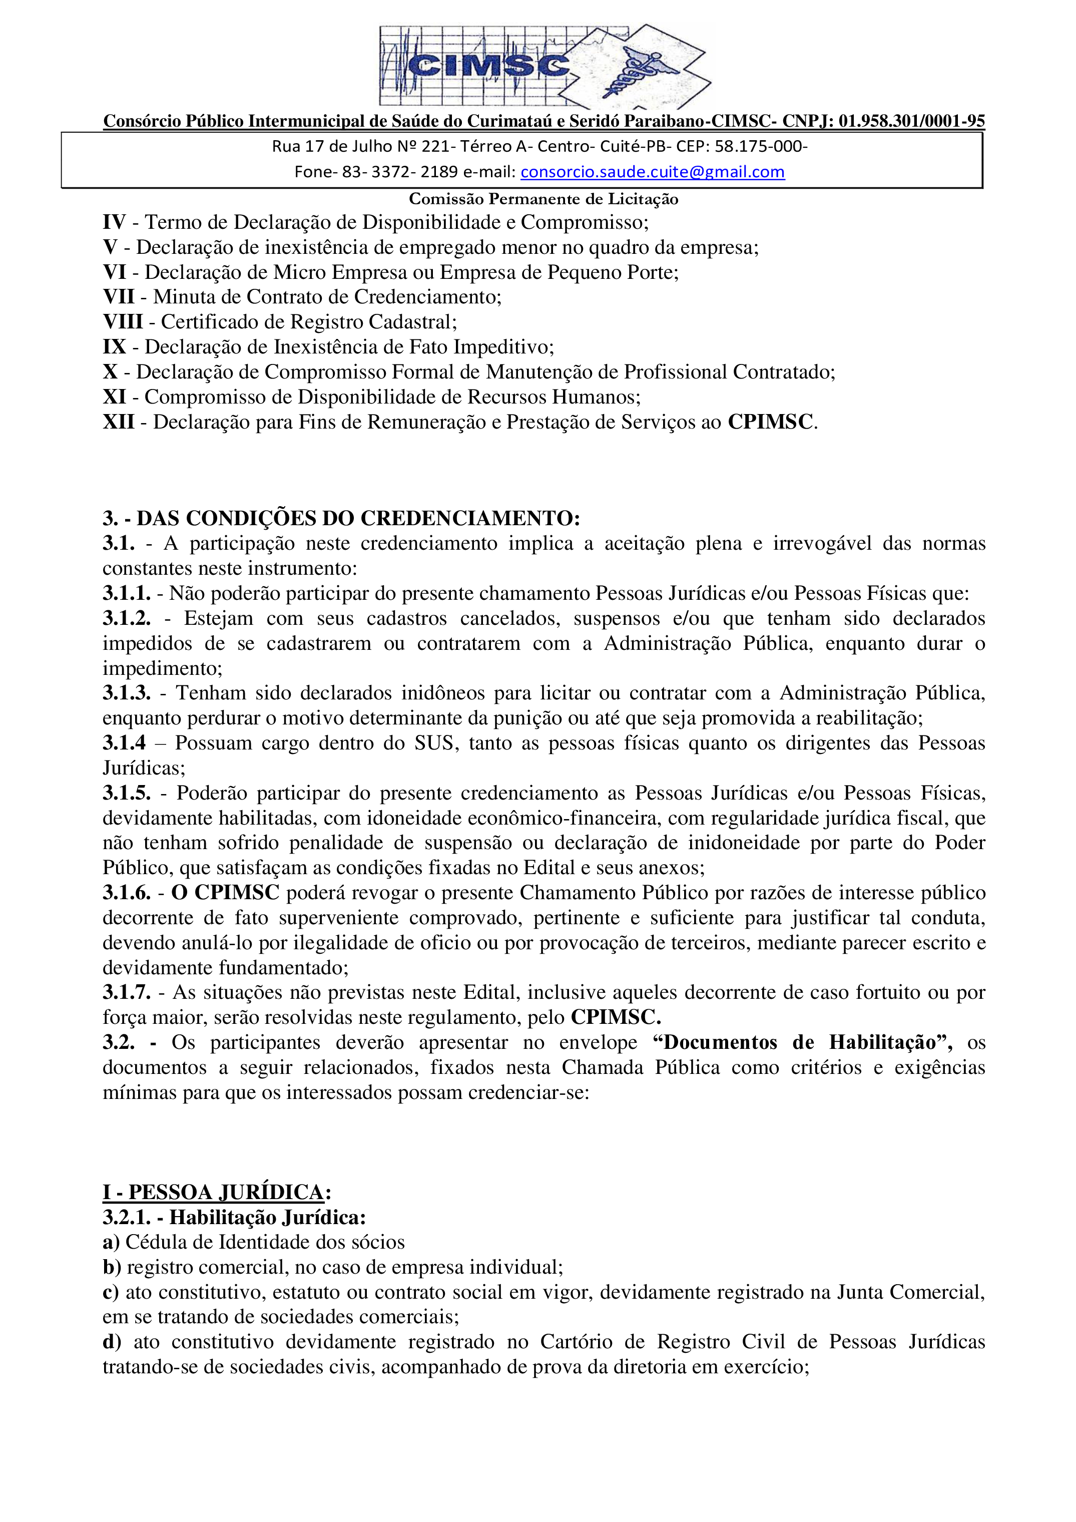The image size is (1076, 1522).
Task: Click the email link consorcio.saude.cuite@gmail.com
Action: click(652, 172)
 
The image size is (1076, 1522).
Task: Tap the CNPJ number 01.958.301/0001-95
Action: click(912, 121)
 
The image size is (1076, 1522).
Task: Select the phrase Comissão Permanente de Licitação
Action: click(544, 199)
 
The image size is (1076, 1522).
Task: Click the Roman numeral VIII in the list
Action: click(123, 322)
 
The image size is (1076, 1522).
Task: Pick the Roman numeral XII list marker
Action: click(119, 422)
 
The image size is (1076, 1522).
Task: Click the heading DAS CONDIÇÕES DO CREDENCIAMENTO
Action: click(358, 518)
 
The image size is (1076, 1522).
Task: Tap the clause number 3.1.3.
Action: click(126, 693)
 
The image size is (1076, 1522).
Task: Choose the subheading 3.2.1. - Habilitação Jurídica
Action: click(234, 1218)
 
